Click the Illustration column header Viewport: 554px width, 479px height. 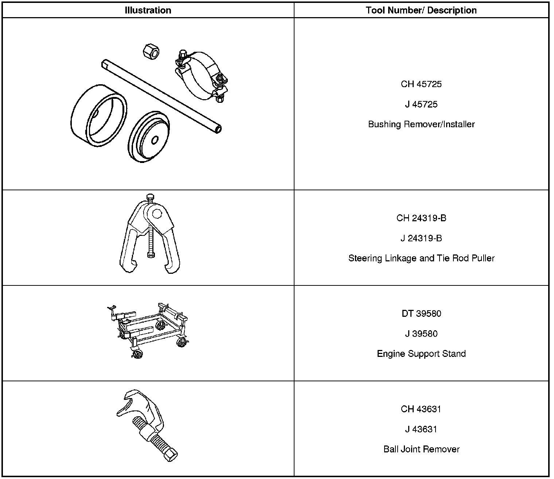[148, 10]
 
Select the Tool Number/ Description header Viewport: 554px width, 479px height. [421, 10]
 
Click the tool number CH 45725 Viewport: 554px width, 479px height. [421, 84]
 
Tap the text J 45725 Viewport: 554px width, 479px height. [421, 104]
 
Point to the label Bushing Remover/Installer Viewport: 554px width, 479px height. [421, 124]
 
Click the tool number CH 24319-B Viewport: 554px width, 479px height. [421, 218]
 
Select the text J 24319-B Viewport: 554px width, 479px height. [421, 238]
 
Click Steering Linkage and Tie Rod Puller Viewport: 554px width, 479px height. [421, 258]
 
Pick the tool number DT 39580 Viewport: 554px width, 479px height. [421, 314]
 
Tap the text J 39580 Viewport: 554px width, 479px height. [421, 334]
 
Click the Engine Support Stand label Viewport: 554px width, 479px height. [421, 354]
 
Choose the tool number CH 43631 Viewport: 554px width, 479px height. [421, 409]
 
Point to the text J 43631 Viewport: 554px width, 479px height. [421, 429]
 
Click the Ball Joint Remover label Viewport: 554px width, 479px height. [421, 449]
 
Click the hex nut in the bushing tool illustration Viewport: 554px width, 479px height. [152, 51]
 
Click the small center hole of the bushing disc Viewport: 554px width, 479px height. [155, 140]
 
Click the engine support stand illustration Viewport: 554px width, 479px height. [149, 328]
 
